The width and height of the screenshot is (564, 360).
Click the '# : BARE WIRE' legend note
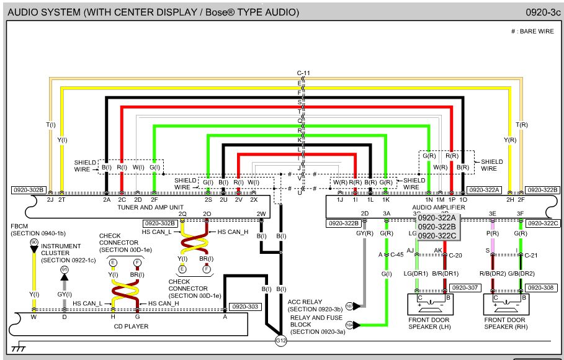tap(532, 30)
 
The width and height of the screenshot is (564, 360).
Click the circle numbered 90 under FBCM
tap(34, 241)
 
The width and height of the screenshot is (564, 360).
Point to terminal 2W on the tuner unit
tap(261, 215)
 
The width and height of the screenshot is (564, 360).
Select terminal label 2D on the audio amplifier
tap(365, 215)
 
